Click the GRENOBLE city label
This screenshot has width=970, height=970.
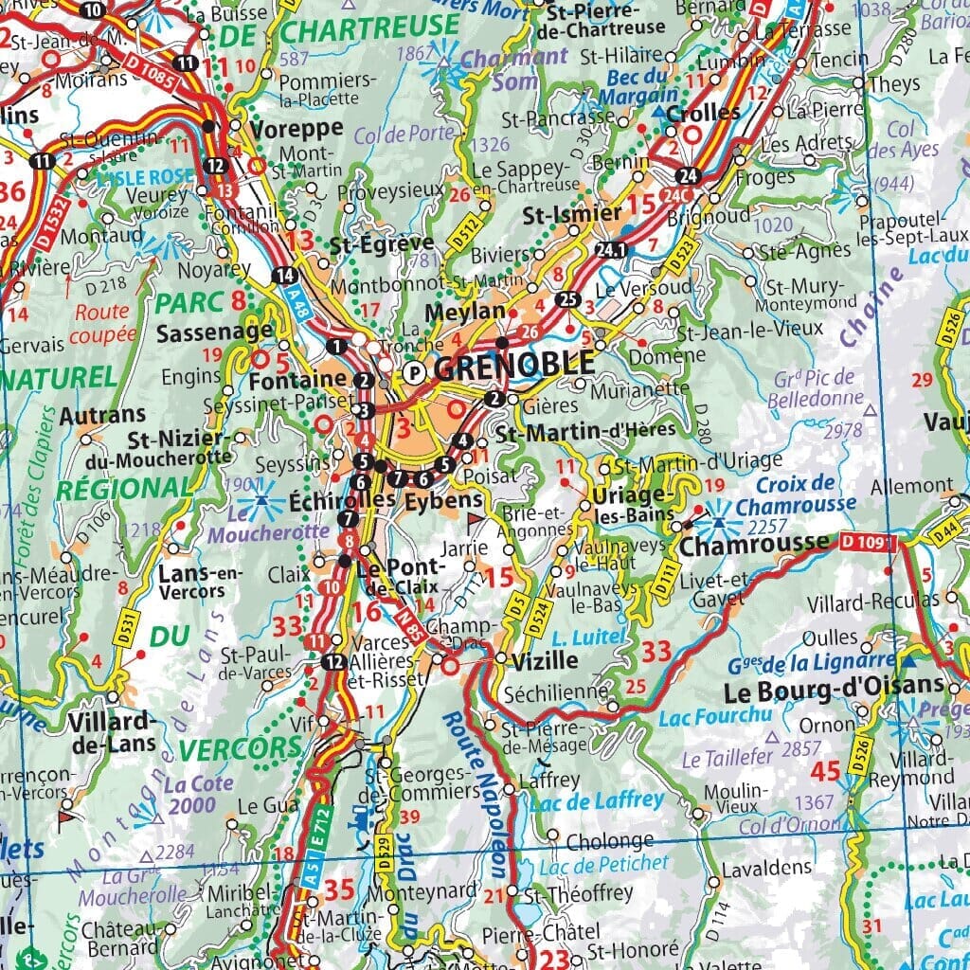tap(515, 365)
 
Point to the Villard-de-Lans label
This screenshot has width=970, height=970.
tap(112, 731)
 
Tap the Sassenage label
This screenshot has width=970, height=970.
tap(213, 333)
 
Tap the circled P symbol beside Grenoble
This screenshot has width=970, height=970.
tap(414, 373)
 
